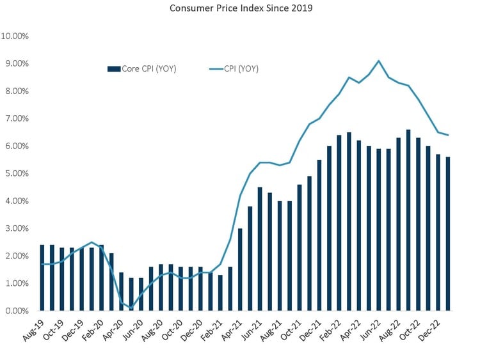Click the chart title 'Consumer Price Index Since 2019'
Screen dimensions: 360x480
point(239,9)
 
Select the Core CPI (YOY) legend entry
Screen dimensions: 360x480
point(141,68)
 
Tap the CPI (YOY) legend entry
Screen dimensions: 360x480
point(234,68)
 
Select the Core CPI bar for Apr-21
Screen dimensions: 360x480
point(240,269)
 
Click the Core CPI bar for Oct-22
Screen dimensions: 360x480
point(419,224)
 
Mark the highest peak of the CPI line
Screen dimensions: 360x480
point(379,61)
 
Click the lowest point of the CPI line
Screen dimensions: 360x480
point(131,308)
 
